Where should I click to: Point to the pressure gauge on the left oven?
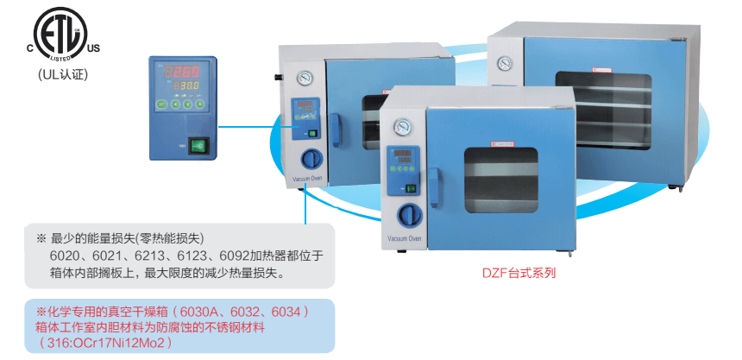304,79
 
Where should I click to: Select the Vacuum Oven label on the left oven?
307,180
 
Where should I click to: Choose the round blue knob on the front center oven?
406,214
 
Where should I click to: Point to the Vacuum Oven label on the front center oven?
404,237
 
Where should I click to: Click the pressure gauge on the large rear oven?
504,63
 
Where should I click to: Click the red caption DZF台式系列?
519,274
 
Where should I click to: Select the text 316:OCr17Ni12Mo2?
111,343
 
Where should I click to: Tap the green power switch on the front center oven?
412,188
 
